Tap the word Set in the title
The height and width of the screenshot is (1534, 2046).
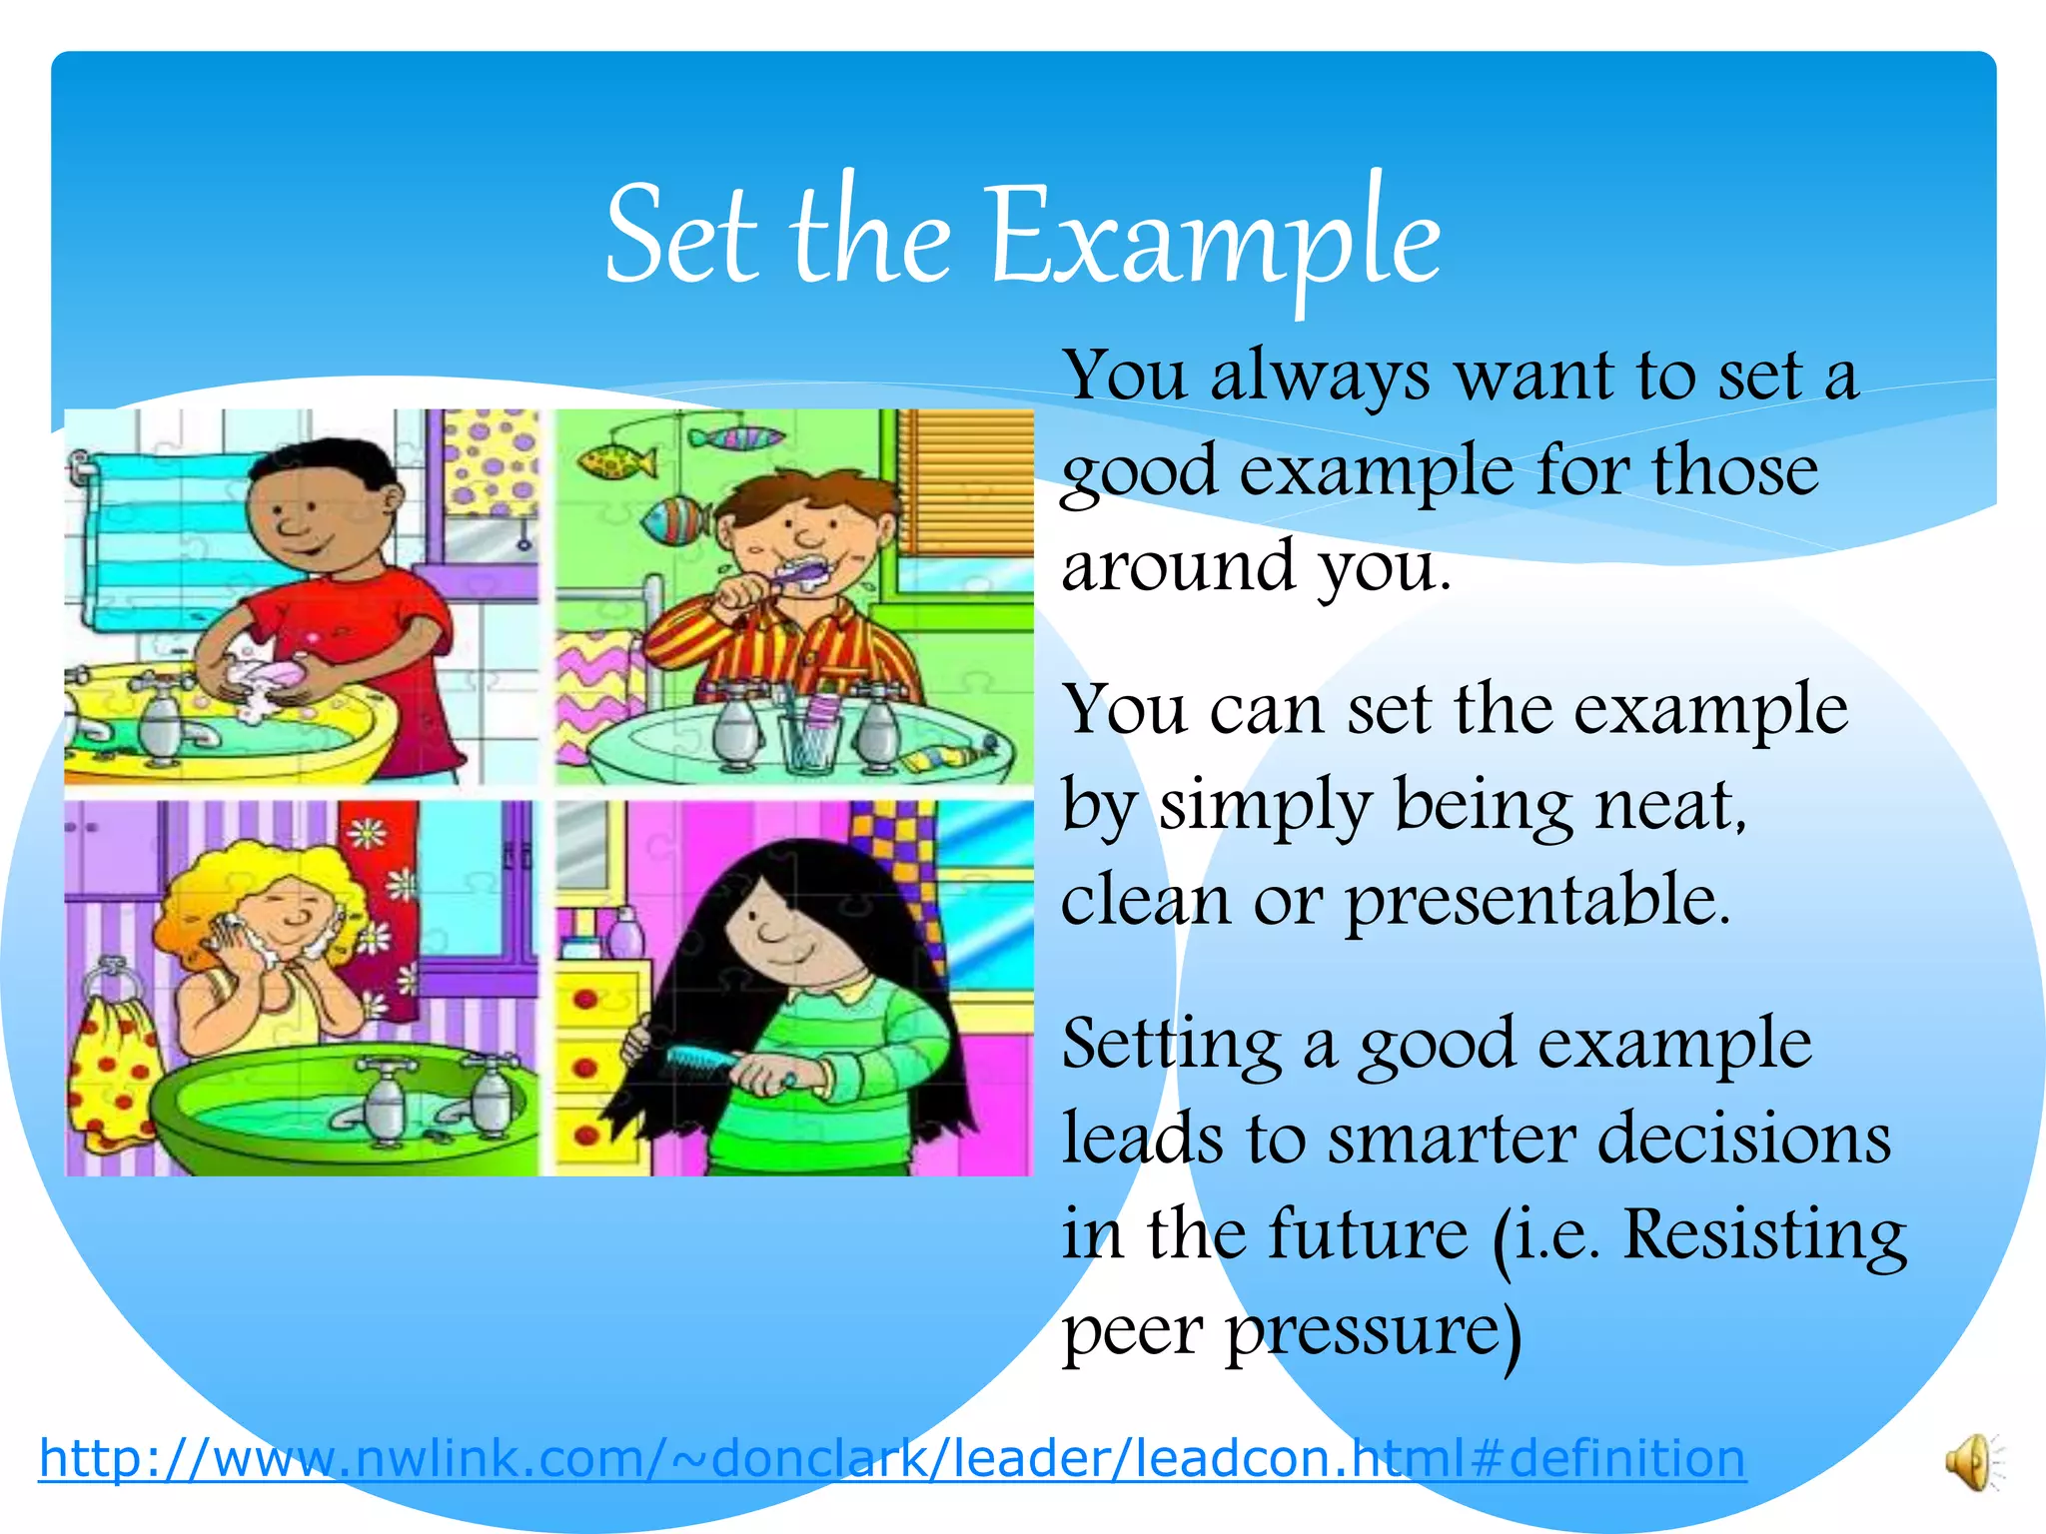[678, 238]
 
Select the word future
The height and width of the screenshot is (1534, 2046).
[1368, 1234]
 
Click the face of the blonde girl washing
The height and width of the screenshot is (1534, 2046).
[289, 914]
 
